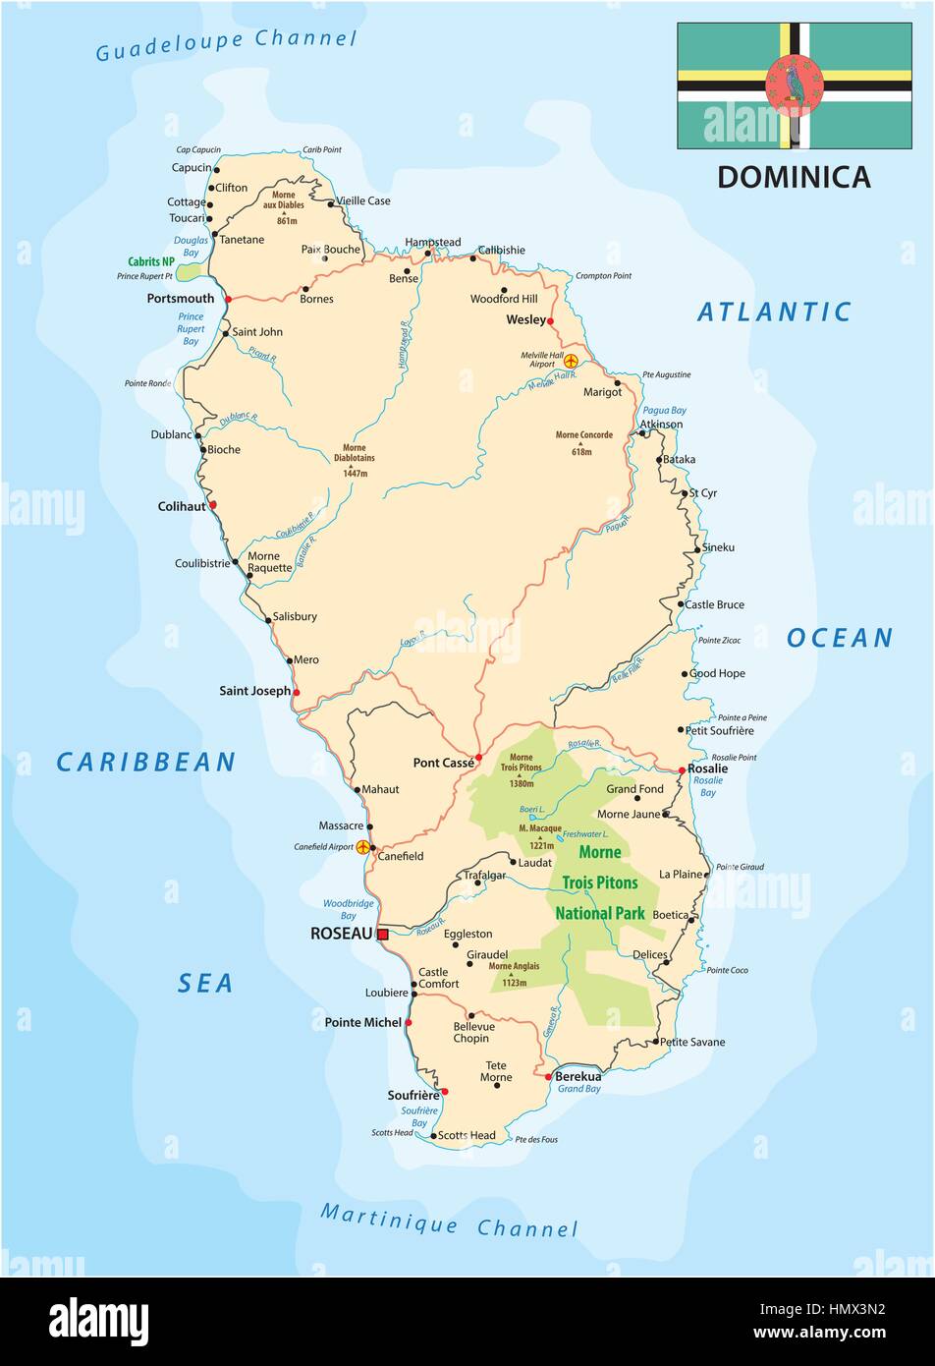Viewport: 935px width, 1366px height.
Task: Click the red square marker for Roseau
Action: (383, 934)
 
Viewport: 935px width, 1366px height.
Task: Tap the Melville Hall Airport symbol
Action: (571, 360)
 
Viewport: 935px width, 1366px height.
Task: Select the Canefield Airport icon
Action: (363, 846)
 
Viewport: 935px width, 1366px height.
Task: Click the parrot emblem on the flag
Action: (794, 85)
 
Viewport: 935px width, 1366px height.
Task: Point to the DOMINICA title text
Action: (794, 177)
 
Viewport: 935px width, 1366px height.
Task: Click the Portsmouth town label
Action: (181, 299)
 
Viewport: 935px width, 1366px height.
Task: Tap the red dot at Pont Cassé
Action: (478, 759)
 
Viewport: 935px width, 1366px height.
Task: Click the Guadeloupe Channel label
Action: (226, 44)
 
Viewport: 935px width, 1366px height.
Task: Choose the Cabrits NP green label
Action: (151, 262)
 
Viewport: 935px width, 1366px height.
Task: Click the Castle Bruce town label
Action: (714, 604)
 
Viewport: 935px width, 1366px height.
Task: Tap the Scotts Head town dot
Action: (433, 1136)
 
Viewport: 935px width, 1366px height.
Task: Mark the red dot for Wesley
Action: (550, 320)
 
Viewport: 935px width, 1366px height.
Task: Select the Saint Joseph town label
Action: (254, 691)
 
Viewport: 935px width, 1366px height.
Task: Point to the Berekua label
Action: (577, 1076)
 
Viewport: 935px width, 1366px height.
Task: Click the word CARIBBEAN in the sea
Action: (146, 762)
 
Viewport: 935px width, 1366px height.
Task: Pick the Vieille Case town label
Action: (363, 200)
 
